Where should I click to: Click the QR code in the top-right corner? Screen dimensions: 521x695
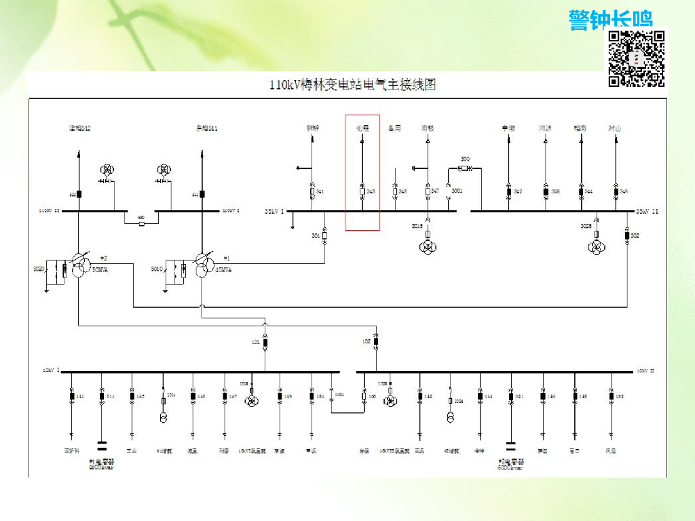tap(636, 58)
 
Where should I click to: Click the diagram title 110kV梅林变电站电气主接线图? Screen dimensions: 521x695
tap(352, 85)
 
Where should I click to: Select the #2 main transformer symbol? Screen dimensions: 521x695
tap(81, 265)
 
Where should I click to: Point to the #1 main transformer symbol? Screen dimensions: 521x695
tap(203, 265)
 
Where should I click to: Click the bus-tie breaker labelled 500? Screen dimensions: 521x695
tap(141, 223)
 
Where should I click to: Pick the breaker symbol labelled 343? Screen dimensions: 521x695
tap(362, 192)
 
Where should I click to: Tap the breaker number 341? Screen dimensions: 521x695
tap(320, 192)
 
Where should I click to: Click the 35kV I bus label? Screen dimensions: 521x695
tap(274, 212)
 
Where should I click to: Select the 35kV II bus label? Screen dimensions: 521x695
tap(647, 212)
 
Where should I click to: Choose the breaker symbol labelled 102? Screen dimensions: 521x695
tap(376, 343)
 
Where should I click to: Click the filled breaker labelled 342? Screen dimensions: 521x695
tap(509, 192)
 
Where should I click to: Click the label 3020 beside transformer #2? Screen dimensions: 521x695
tap(38, 269)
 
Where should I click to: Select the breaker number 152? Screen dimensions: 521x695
tap(619, 395)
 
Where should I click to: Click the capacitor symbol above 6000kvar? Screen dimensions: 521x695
tap(510, 446)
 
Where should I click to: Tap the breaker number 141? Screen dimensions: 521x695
tap(80, 395)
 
